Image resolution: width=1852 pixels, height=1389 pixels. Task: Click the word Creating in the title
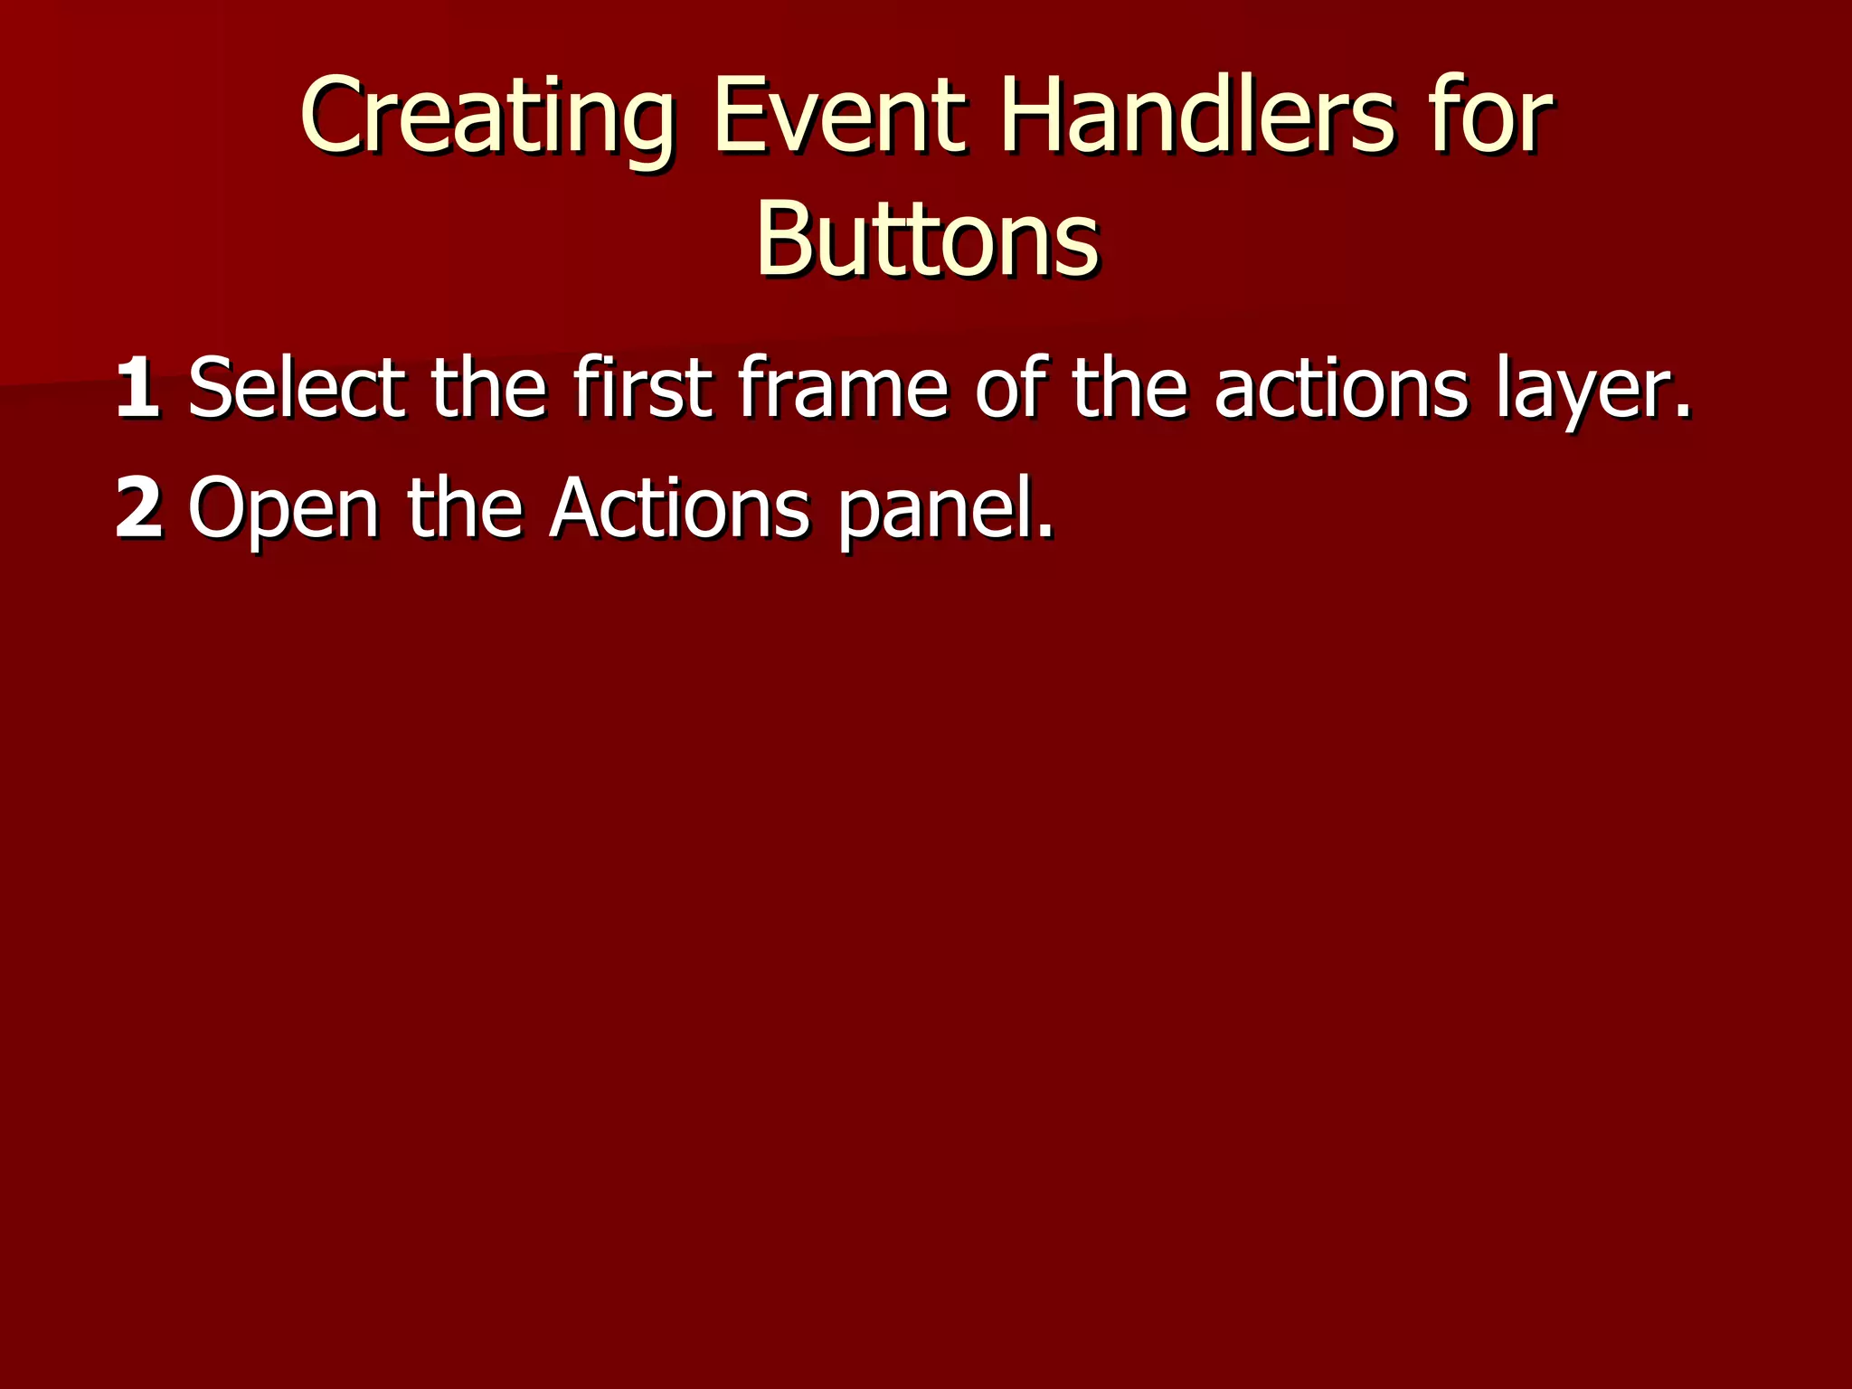tap(487, 118)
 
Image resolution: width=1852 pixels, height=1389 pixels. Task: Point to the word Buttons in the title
tap(927, 240)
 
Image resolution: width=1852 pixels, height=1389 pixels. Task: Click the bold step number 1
tap(137, 389)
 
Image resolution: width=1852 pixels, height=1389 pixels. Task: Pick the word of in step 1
tap(1012, 389)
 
